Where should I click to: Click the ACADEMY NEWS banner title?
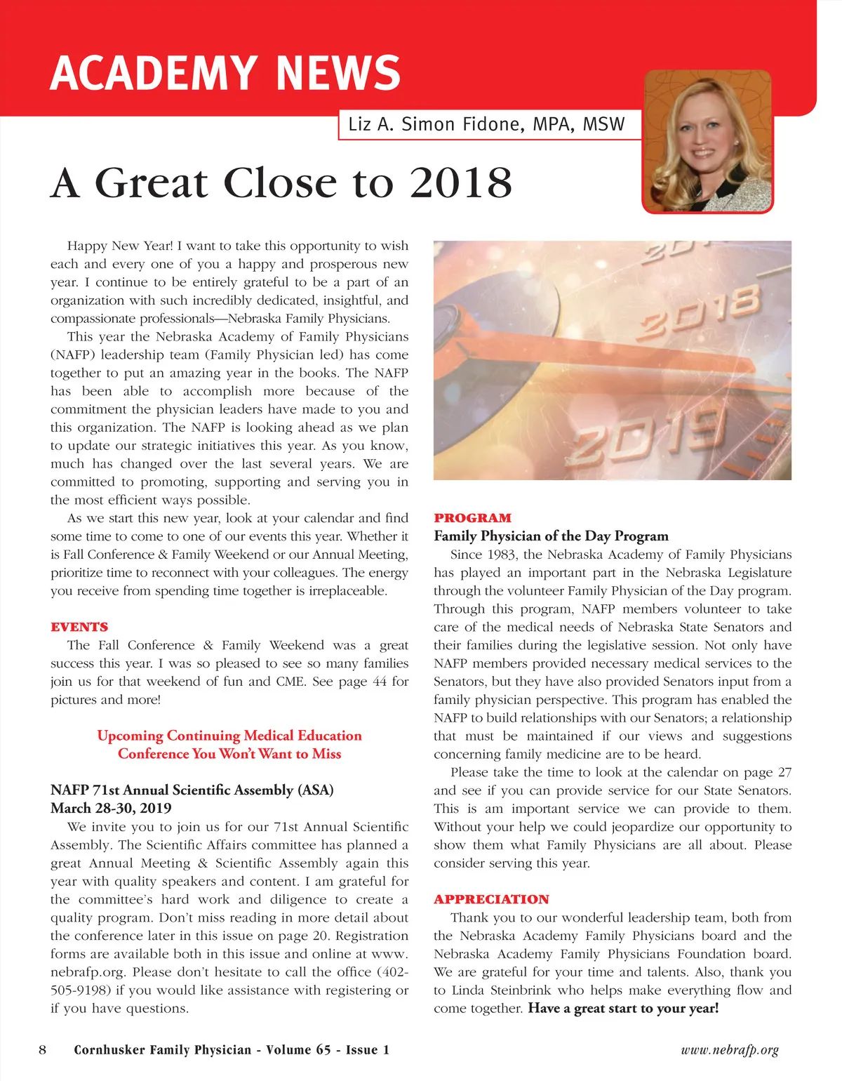tap(225, 73)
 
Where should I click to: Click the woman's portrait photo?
tap(707, 140)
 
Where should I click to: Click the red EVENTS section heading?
tap(79, 627)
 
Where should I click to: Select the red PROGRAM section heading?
tap(472, 518)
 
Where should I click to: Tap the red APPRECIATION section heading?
tap(491, 899)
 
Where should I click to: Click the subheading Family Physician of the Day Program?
tap(551, 536)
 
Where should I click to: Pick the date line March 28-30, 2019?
tap(111, 808)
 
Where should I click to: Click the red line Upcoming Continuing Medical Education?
tap(229, 736)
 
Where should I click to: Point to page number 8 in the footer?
tap(43, 1049)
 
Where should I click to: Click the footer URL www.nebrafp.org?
tap(730, 1050)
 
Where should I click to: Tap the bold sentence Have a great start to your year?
tap(623, 1009)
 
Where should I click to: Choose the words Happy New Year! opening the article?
tap(119, 246)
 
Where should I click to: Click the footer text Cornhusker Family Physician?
tap(162, 1050)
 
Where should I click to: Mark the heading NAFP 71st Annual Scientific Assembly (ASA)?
tap(192, 790)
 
